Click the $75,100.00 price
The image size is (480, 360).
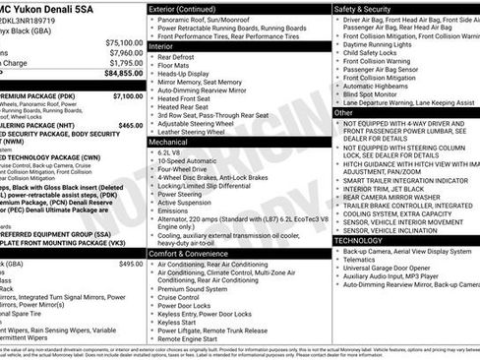(x=123, y=43)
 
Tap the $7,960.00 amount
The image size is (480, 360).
(x=125, y=53)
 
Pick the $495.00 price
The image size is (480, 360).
(x=130, y=264)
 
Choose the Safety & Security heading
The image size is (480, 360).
(x=366, y=8)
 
